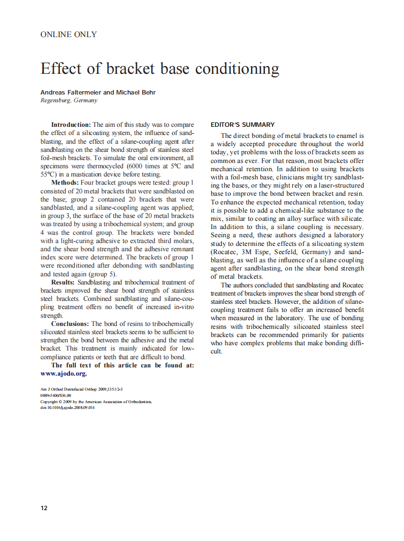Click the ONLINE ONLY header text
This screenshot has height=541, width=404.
(68, 34)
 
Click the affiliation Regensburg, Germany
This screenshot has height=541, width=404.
(69, 100)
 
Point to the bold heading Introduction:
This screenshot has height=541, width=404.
(71, 124)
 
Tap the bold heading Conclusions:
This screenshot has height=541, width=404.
(70, 324)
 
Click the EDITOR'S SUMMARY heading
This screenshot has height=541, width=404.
(242, 124)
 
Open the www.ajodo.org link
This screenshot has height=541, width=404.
(63, 374)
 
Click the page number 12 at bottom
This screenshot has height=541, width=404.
(44, 508)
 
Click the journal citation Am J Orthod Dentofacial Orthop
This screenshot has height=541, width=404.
(72, 389)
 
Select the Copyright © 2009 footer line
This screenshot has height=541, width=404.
(96, 401)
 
